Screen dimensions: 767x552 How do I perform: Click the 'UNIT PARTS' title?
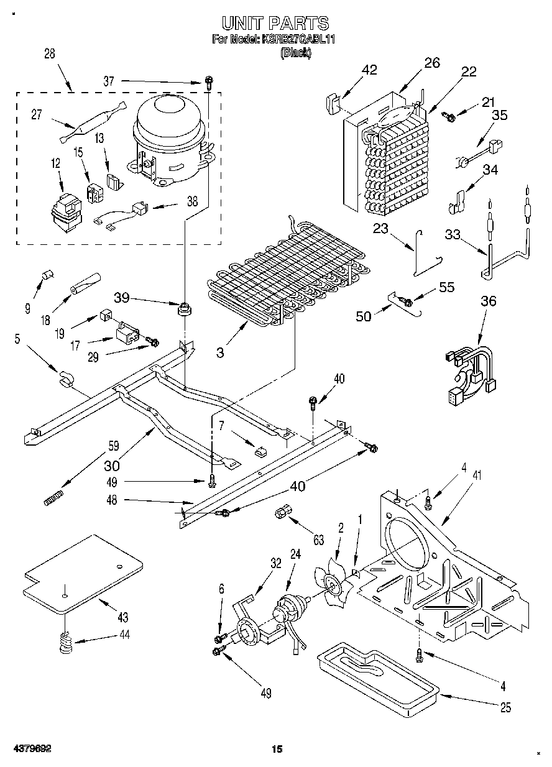[x=275, y=24]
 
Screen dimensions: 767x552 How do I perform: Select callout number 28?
[x=49, y=54]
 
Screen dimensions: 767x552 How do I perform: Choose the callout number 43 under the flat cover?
[x=122, y=617]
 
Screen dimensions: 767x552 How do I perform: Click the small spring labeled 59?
[x=54, y=498]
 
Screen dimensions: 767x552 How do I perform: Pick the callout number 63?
[x=319, y=541]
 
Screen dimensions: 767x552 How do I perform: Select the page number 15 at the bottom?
[x=277, y=749]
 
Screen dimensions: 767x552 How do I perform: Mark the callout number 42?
[x=369, y=70]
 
